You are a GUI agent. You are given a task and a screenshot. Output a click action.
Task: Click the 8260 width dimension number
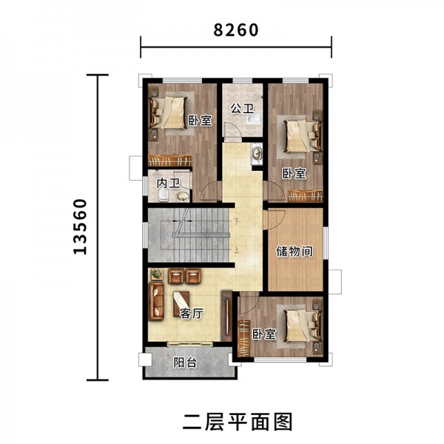pyautogui.click(x=236, y=30)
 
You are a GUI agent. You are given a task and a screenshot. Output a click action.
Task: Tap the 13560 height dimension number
pyautogui.click(x=80, y=226)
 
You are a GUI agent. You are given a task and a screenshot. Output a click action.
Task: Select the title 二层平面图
pyautogui.click(x=238, y=422)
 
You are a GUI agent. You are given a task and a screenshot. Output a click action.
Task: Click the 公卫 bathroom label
pyautogui.click(x=243, y=108)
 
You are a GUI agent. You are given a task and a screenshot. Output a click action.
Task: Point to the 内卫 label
pyautogui.click(x=169, y=184)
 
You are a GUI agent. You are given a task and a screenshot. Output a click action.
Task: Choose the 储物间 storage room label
pyautogui.click(x=295, y=252)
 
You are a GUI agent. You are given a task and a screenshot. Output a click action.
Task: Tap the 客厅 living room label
pyautogui.click(x=192, y=314)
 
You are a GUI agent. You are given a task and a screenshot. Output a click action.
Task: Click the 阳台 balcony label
pyautogui.click(x=185, y=363)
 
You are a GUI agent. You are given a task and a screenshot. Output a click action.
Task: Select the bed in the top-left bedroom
pyautogui.click(x=169, y=113)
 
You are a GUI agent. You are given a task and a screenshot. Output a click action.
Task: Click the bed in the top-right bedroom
pyautogui.click(x=303, y=136)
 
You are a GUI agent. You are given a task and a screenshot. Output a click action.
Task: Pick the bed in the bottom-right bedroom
pyautogui.click(x=303, y=326)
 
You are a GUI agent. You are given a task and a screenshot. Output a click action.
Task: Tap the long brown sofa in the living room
pyautogui.click(x=157, y=301)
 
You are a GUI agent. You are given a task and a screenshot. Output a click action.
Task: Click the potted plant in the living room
pyautogui.click(x=157, y=274)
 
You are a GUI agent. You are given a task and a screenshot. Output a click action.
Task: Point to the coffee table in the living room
pyautogui.click(x=181, y=304)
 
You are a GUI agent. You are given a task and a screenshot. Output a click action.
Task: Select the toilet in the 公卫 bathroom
pyautogui.click(x=254, y=119)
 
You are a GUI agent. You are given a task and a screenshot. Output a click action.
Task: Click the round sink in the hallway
pyautogui.click(x=258, y=154)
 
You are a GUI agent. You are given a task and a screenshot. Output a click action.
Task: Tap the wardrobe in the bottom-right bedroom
pyautogui.click(x=244, y=338)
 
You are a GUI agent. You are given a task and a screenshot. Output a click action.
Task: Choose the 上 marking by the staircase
pyautogui.click(x=237, y=250)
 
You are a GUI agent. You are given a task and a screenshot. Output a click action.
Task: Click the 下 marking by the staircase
pyautogui.click(x=237, y=220)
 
